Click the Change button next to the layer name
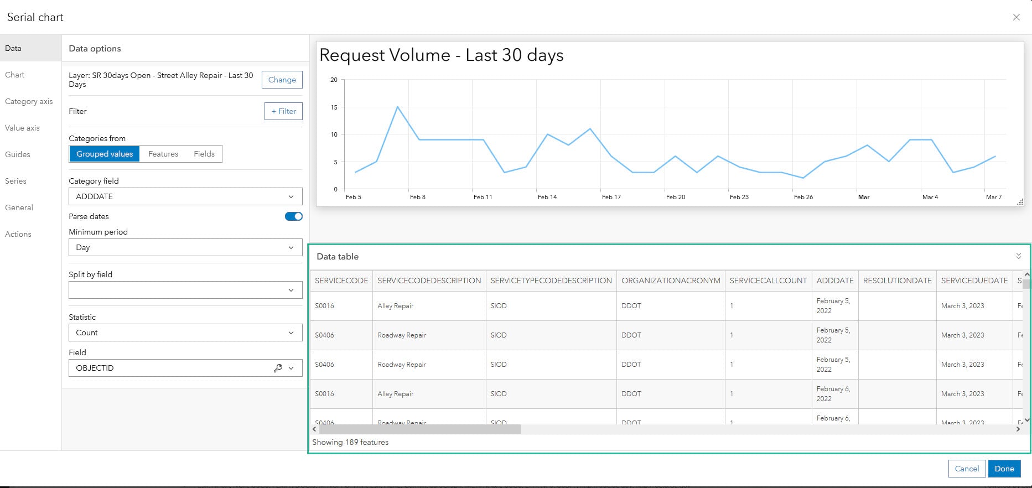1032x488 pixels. [282, 80]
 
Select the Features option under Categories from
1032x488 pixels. [163, 154]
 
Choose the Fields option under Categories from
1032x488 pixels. [204, 154]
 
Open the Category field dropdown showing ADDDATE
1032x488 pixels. [185, 196]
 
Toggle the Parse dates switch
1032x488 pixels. [293, 216]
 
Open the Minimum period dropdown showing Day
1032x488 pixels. [185, 247]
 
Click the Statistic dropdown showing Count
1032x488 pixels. [185, 333]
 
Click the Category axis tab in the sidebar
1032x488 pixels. [29, 101]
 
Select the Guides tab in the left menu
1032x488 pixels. [18, 154]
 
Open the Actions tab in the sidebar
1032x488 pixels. [18, 234]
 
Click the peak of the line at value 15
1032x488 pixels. [397, 107]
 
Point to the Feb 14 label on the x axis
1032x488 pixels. [547, 197]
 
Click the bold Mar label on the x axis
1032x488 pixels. [864, 197]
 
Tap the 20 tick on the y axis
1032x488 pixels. [334, 80]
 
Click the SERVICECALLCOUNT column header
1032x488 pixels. [768, 281]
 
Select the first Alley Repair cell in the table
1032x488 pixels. [395, 306]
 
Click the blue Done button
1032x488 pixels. [1004, 469]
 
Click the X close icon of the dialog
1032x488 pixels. [1016, 17]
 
